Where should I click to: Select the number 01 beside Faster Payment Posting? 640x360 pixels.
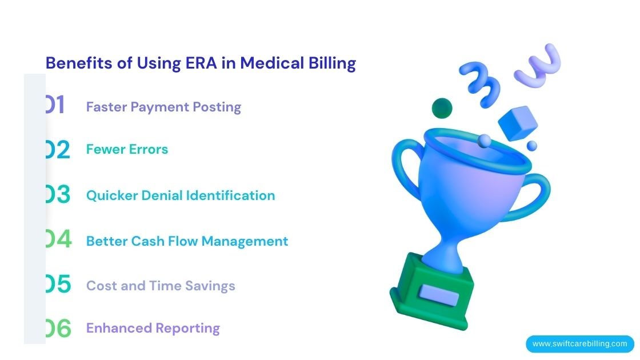tap(56, 106)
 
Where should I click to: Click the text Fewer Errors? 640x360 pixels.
tap(127, 149)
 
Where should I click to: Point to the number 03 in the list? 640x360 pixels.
tap(58, 195)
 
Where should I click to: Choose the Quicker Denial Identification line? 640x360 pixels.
tap(180, 195)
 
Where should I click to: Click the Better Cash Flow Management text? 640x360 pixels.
tap(187, 241)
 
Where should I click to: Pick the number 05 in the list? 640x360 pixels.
tap(58, 285)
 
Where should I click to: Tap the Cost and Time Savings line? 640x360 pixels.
tap(161, 286)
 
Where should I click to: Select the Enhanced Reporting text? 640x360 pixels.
tap(153, 328)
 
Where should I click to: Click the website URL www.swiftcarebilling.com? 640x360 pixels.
tap(579, 344)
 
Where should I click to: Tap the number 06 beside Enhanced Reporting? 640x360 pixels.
tap(58, 328)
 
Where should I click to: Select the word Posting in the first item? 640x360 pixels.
tap(217, 107)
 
